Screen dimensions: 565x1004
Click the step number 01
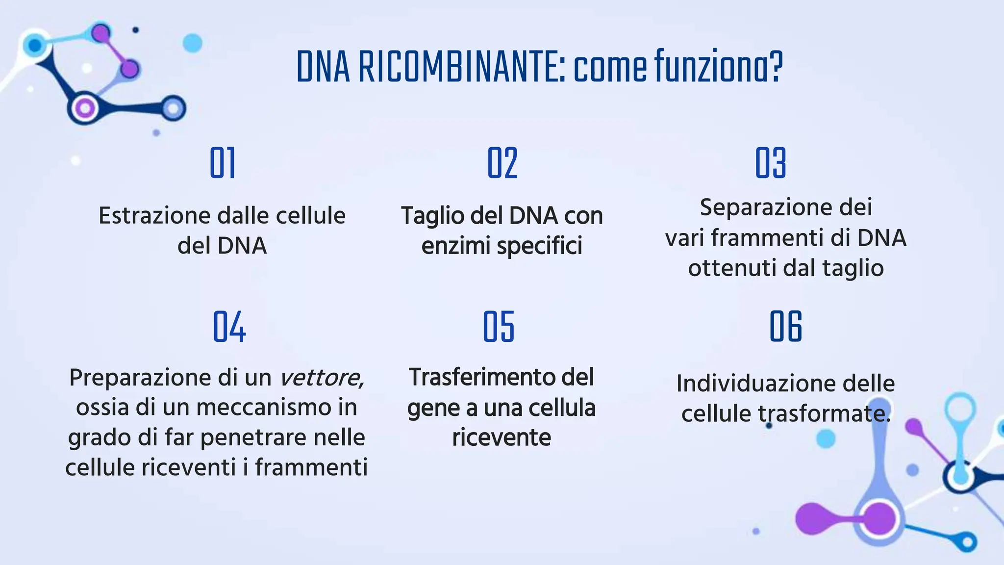[x=223, y=163]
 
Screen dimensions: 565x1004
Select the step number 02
[x=502, y=163]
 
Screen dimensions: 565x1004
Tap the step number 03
[x=771, y=163]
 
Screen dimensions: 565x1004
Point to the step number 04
[x=229, y=327]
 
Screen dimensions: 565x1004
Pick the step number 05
[x=499, y=327]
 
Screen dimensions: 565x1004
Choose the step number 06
[x=785, y=327]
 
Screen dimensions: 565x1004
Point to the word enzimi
[x=455, y=246]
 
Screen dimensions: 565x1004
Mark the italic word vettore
[x=321, y=378]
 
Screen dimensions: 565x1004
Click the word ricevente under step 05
[x=502, y=437]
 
